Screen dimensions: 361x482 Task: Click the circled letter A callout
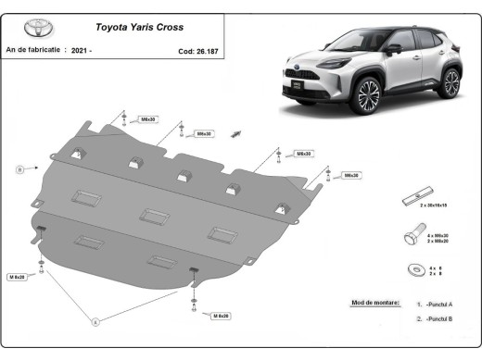coord(94,321)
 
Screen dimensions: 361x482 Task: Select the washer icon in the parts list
coord(409,270)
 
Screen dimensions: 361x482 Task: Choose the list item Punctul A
coord(437,304)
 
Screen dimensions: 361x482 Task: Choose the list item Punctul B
coord(437,318)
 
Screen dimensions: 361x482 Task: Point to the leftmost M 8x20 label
coord(19,277)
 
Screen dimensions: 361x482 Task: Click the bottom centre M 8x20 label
coord(220,316)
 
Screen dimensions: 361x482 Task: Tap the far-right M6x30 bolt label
coord(351,175)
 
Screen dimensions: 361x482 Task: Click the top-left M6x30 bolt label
coord(147,119)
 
